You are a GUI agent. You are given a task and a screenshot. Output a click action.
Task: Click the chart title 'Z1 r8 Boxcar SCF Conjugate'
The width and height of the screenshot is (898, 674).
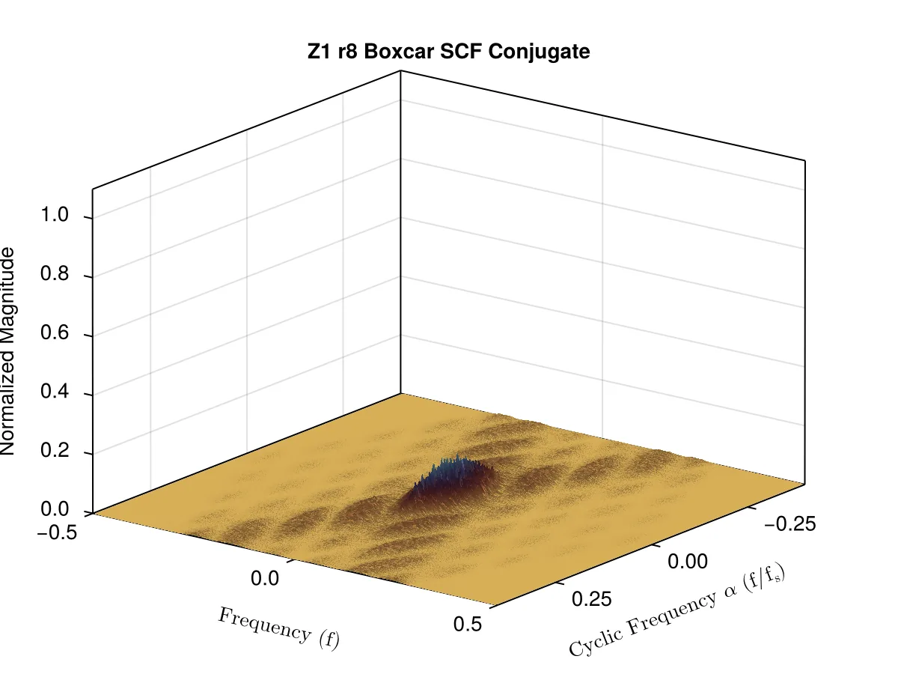tap(448, 52)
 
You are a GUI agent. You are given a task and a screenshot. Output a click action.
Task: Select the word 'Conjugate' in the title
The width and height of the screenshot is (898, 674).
tap(539, 52)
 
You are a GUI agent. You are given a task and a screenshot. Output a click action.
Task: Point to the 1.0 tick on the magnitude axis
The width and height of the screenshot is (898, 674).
tap(55, 214)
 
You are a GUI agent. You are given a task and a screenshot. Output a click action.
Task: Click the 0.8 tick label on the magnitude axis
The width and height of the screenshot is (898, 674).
tap(55, 273)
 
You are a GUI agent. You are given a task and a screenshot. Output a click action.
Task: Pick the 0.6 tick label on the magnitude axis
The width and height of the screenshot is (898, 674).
tap(55, 332)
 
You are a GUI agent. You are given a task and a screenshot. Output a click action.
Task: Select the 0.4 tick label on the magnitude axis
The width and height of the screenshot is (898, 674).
tap(55, 391)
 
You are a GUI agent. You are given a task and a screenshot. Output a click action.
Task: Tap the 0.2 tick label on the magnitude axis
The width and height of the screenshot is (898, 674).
tap(55, 450)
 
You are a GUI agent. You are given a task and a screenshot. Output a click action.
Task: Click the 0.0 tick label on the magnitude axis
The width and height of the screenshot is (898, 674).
tap(55, 509)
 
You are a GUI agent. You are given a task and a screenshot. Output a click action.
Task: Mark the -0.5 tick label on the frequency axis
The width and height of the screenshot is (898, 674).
tap(57, 532)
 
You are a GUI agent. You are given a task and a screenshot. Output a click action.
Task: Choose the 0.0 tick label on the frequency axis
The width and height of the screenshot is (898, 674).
tap(265, 578)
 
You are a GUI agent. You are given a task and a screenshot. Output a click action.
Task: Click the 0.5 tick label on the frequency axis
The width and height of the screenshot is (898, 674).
tap(468, 624)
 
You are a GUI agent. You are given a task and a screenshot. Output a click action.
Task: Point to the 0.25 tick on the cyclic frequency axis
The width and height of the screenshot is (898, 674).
tap(592, 598)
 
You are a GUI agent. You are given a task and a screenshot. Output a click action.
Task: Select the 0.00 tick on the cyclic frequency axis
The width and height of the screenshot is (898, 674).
tap(687, 562)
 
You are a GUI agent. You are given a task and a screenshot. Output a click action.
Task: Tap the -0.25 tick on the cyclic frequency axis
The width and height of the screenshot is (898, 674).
tap(790, 523)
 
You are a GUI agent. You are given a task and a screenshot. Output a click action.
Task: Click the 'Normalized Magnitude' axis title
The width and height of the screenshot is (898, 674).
tap(7, 350)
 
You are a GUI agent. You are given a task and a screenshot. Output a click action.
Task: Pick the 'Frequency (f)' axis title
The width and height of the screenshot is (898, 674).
tap(279, 629)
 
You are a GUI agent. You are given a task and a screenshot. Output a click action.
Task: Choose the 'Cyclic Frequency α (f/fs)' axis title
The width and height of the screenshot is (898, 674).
tap(677, 610)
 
